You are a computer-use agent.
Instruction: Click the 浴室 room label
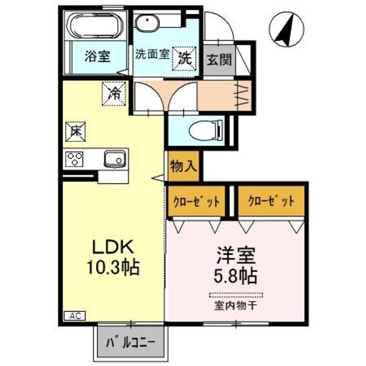click(97, 56)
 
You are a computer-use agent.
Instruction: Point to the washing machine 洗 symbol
click(184, 56)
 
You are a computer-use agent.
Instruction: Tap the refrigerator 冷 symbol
click(114, 93)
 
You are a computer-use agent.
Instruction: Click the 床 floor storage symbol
click(75, 132)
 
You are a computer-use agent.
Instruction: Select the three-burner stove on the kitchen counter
click(74, 160)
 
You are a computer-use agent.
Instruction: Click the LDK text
click(112, 248)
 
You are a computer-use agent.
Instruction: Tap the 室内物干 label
click(236, 306)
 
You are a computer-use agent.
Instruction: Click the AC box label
click(74, 316)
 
